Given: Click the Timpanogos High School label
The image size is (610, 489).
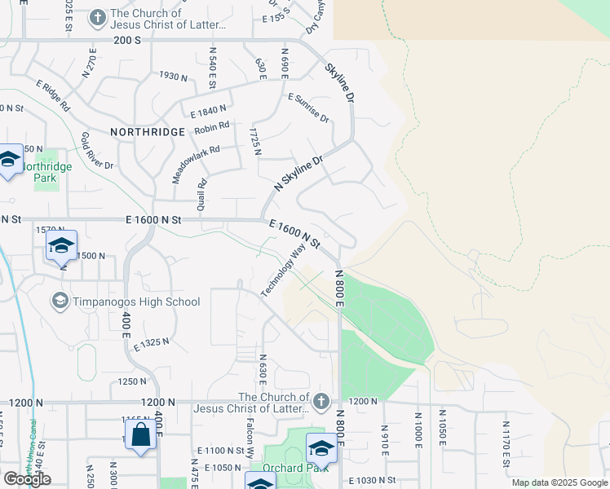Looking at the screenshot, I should (x=136, y=302).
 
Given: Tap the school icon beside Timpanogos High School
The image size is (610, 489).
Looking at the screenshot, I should (x=60, y=302).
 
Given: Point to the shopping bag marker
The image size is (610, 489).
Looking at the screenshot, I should (x=140, y=434).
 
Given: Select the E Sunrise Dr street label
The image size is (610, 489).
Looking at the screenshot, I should (x=308, y=108).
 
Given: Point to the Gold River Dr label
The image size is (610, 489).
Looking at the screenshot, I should (x=97, y=151).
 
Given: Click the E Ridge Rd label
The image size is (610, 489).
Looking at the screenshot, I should (x=53, y=95).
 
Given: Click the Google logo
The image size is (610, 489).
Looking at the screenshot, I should (x=27, y=478).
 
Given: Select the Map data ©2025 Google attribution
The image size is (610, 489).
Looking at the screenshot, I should (x=559, y=482).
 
